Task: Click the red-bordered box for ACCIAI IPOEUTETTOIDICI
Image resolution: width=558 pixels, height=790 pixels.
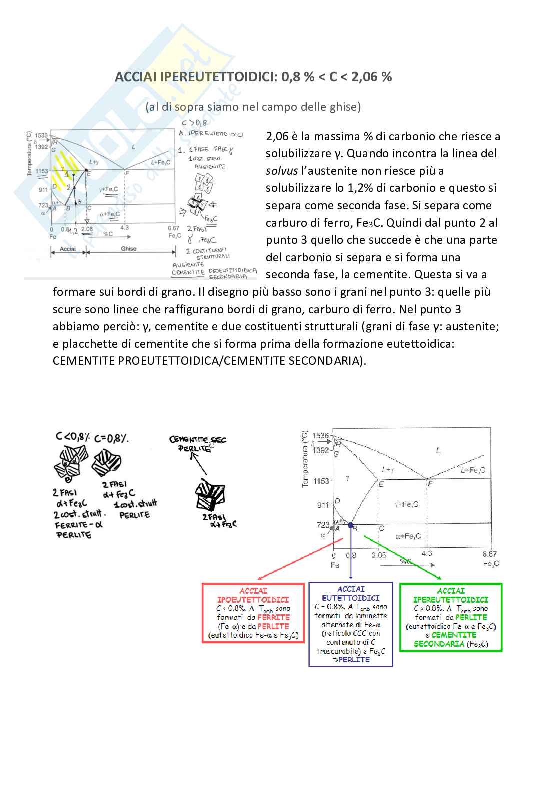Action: point(253,613)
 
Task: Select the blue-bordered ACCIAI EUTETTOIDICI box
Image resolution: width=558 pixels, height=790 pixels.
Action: point(351,624)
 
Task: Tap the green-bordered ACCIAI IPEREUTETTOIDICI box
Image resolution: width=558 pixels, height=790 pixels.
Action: point(451,618)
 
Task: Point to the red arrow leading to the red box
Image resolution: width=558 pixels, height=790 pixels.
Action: point(300,558)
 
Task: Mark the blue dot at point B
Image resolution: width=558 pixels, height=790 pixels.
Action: point(351,525)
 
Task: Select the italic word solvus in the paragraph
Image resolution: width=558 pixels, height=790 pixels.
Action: point(281,171)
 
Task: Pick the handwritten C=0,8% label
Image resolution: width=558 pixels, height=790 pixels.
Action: point(111,438)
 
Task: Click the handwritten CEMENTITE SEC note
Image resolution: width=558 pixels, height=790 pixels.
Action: point(198,440)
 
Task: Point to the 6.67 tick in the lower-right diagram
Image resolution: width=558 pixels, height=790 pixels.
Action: point(489,554)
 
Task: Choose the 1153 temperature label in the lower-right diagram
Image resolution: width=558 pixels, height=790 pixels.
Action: point(321,481)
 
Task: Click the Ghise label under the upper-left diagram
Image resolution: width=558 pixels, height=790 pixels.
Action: point(129,249)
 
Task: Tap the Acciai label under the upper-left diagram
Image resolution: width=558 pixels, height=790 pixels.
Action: point(68,249)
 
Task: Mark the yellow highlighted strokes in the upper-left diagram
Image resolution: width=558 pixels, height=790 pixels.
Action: point(63,173)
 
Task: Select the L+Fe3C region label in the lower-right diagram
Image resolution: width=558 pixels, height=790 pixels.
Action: point(472,470)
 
